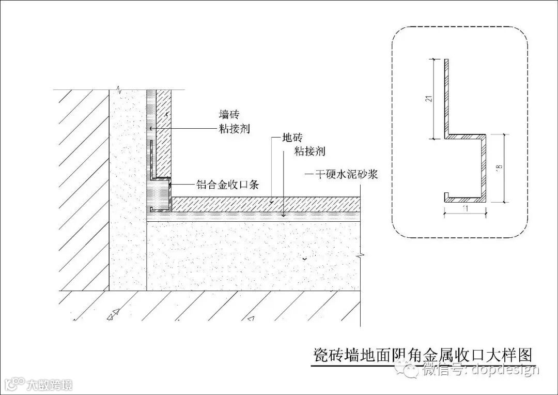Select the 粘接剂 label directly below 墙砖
click(x=234, y=129)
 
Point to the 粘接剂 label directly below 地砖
click(x=309, y=151)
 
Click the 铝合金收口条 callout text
click(x=227, y=184)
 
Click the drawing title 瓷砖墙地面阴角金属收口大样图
click(x=423, y=355)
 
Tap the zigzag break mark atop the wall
click(x=119, y=88)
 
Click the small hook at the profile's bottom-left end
click(x=446, y=196)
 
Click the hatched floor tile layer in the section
click(x=263, y=204)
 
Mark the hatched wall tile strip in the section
click(x=163, y=134)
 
